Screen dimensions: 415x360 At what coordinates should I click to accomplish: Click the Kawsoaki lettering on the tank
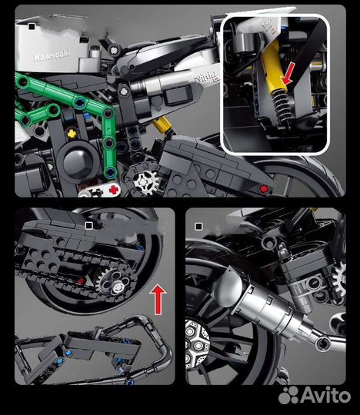52,58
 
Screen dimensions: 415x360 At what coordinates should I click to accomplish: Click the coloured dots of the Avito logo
288,394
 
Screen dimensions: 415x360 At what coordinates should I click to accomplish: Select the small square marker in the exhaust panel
199,227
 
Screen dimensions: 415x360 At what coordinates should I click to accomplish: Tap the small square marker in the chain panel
88,225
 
